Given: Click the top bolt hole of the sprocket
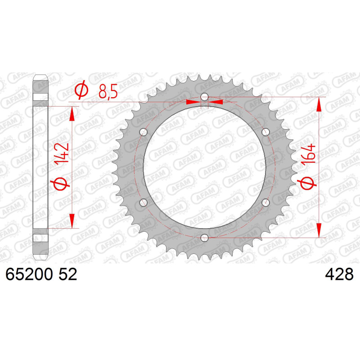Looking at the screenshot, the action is point(204,97).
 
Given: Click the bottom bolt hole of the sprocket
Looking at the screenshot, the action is point(204,238).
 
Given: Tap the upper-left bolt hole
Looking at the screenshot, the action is point(144,132).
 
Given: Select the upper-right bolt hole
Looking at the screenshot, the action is point(265,132).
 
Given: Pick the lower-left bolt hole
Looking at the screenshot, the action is point(144,202).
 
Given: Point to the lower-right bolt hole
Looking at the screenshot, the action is point(265,202).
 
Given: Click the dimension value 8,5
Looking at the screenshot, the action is point(108,91).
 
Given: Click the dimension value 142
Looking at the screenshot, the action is point(62,153).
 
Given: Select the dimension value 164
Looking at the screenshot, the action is point(308,154).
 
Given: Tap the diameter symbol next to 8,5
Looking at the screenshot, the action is point(81,90).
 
